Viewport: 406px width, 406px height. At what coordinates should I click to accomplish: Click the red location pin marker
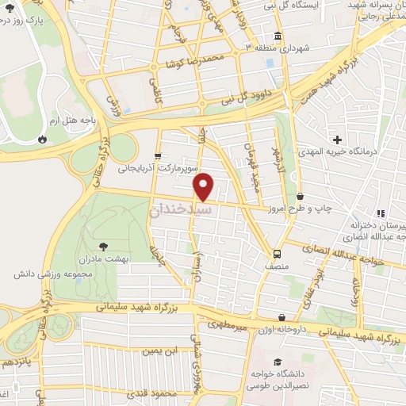(204, 186)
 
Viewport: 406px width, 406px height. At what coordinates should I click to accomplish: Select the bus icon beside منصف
(277, 254)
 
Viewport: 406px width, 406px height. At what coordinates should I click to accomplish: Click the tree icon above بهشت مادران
(103, 247)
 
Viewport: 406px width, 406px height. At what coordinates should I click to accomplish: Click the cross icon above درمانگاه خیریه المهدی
(339, 139)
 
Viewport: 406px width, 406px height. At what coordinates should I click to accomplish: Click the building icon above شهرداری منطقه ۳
(278, 36)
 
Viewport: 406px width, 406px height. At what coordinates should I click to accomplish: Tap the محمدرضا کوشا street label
(190, 60)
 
